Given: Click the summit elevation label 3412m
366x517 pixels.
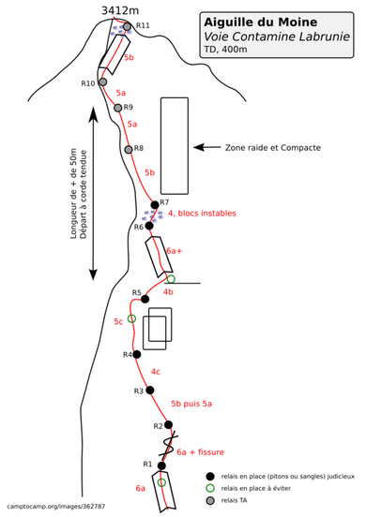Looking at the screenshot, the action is (120, 10).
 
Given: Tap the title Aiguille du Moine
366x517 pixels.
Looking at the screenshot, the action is (261, 22).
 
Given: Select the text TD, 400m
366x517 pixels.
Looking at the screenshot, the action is (225, 50).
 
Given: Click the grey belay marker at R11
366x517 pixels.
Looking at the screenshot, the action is (127, 26).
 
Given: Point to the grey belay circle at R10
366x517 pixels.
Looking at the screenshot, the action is (103, 81).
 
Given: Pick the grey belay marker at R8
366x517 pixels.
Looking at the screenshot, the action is (129, 150).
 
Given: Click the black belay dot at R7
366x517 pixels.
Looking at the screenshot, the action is (155, 205).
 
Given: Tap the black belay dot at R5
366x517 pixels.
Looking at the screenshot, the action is (145, 299).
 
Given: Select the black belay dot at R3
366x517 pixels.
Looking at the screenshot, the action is (150, 390).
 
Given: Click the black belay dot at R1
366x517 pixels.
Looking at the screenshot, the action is (161, 465).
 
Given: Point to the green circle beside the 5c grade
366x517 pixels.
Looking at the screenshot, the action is (131, 318).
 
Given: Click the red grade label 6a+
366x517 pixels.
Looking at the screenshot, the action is (174, 251).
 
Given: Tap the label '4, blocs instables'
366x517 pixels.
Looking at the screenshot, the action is (202, 214).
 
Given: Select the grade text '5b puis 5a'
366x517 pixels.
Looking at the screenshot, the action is (191, 404).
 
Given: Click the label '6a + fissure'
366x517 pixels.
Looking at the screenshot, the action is (201, 452).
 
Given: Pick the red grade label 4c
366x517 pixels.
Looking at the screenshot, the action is (156, 372).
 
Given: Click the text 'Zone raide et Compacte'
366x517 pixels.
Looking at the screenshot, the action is (273, 148).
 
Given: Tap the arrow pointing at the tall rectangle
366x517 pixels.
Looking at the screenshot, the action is (206, 147).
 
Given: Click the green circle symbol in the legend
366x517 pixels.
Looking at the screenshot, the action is (210, 488).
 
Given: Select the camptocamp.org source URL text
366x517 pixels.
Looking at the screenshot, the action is (56, 506).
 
